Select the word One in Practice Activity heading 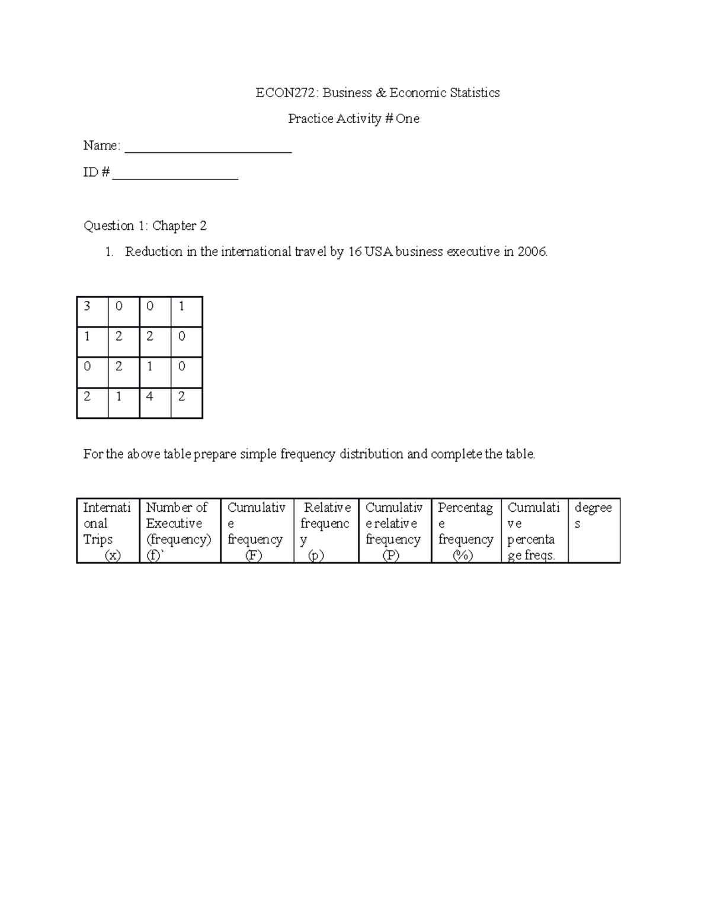(x=408, y=119)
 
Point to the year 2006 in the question (x=531, y=252)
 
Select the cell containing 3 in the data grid (x=92, y=312)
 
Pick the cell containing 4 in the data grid (x=155, y=403)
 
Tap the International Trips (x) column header (x=108, y=531)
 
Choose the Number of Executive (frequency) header (x=180, y=531)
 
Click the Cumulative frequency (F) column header (x=257, y=531)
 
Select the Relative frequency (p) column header (x=326, y=531)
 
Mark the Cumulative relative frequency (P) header (x=395, y=531)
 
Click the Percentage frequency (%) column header (x=466, y=531)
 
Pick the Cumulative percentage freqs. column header (x=534, y=531)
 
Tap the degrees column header (x=593, y=515)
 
